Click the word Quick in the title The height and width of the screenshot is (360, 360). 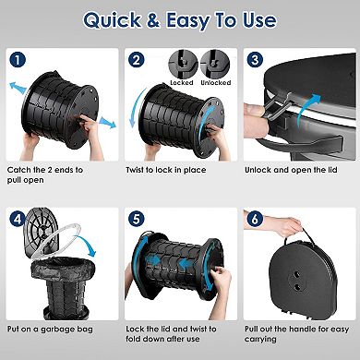tap(114, 20)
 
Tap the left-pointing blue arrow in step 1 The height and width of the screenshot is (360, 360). tap(16, 87)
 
